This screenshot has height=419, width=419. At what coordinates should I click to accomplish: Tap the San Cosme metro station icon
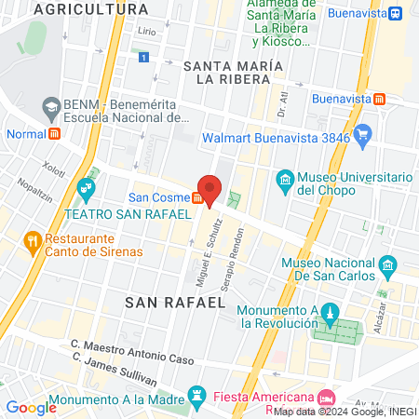tap(197, 197)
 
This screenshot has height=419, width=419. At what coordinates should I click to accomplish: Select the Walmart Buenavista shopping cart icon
tap(363, 136)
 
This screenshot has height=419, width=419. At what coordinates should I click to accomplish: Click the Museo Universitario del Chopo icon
tap(286, 179)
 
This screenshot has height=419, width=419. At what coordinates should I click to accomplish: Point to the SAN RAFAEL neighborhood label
tap(176, 303)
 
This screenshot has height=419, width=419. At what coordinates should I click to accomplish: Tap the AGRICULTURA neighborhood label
tap(90, 9)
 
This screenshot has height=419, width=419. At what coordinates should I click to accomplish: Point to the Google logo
tap(31, 407)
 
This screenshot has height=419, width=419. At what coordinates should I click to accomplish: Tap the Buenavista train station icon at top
tap(395, 13)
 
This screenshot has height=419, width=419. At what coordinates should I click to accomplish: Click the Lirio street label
tap(146, 32)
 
